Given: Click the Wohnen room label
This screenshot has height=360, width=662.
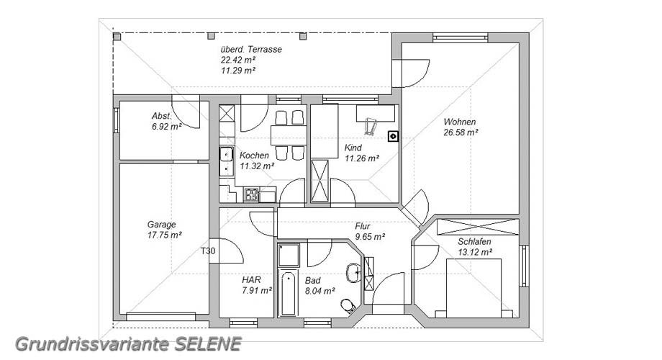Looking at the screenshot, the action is pos(459,122).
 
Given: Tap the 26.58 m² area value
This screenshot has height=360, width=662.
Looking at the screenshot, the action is pos(461,132).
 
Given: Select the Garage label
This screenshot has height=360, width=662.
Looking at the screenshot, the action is pos(161,225).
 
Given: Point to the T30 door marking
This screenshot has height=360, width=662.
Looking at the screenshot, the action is pos(208,251).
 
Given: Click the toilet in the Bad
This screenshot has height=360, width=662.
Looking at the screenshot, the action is pos(348,306).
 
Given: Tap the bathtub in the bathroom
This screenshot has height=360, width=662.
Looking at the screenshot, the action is pos(289,292).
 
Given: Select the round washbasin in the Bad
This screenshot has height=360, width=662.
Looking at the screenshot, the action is pos(353,273).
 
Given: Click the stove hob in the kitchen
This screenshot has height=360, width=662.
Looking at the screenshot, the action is pos(251,195).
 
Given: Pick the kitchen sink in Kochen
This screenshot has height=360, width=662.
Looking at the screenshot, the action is pos(226,161).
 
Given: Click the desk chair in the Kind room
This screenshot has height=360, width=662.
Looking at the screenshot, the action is pos(371,126).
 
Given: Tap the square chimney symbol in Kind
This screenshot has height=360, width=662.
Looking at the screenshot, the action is pos(393,136).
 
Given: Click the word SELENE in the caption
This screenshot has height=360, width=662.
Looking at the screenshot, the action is pos(208,344).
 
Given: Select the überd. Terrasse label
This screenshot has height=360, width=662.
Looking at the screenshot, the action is pos(251,49).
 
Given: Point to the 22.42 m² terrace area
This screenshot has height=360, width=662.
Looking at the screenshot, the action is pos(238,60).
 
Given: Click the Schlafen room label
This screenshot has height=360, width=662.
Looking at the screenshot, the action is pos(474,242).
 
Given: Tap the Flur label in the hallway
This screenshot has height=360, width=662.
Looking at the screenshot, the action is pos(362,226).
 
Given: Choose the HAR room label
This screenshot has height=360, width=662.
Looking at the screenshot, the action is pos(251,279).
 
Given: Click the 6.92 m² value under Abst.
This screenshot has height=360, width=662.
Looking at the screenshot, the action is pos(167,126).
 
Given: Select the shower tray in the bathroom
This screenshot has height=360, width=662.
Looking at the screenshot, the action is pos(289,255).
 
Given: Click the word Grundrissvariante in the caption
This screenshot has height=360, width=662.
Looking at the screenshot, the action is pos(92,344).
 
